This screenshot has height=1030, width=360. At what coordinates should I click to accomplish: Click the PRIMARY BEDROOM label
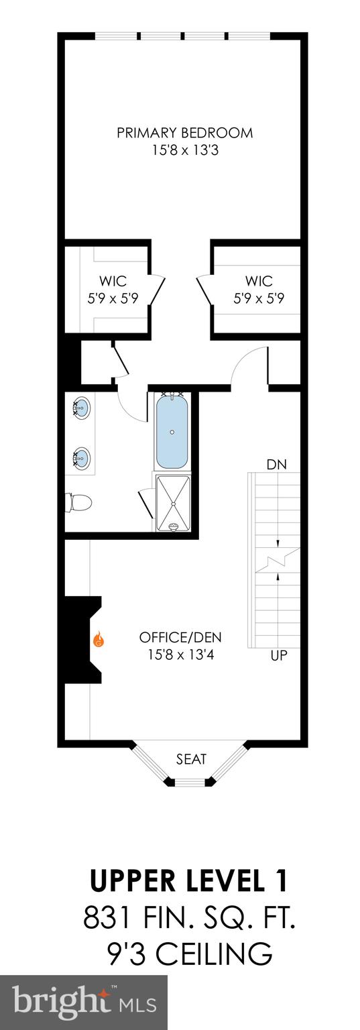pyautogui.click(x=185, y=133)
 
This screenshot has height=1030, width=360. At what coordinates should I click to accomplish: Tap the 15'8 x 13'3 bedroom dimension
pyautogui.click(x=185, y=151)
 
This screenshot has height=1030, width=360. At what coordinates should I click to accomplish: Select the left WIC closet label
pyautogui.click(x=113, y=281)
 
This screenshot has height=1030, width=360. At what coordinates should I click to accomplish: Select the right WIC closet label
pyautogui.click(x=259, y=281)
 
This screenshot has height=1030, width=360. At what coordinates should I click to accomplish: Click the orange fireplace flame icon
pyautogui.click(x=99, y=638)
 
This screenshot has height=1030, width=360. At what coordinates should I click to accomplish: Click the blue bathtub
pyautogui.click(x=173, y=432)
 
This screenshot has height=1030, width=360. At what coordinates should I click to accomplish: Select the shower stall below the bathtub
pyautogui.click(x=173, y=503)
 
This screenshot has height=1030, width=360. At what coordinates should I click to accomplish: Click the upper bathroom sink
pyautogui.click(x=82, y=406)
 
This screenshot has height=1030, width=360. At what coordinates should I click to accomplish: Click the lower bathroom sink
pyautogui.click(x=82, y=458)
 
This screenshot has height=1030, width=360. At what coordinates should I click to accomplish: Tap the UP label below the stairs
pyautogui.click(x=278, y=655)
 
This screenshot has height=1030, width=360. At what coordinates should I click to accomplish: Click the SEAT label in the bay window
pyautogui.click(x=191, y=759)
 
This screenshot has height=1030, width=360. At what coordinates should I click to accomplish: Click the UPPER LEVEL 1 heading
pyautogui.click(x=189, y=881)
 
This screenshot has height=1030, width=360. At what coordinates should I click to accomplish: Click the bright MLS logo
pyautogui.click(x=84, y=1002)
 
